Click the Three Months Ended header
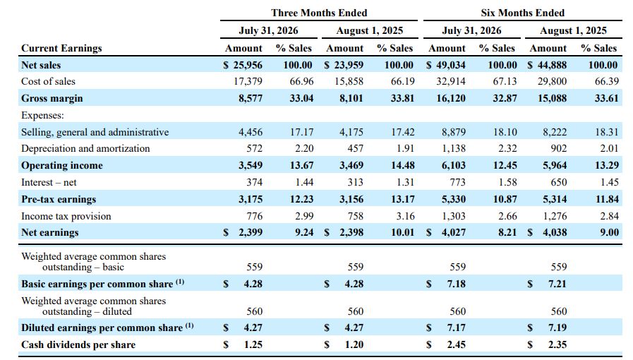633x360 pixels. [x=319, y=13]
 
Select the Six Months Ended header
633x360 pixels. [x=522, y=13]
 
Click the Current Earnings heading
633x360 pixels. [x=61, y=48]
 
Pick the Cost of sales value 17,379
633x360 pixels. [x=248, y=81]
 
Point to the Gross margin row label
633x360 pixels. [x=52, y=99]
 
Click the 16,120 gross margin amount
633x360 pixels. [x=451, y=99]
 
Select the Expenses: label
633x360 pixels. [x=42, y=116]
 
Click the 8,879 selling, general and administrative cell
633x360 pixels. [x=454, y=132]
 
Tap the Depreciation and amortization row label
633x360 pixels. [x=85, y=148]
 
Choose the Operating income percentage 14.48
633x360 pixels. [x=402, y=165]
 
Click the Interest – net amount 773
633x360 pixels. [x=458, y=182]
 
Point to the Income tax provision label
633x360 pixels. [x=66, y=216]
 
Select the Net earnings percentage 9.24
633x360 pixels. [x=304, y=232]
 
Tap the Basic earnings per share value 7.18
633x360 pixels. [x=456, y=284]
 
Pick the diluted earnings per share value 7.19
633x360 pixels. [x=557, y=328]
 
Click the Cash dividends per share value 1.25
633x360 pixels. [x=253, y=344]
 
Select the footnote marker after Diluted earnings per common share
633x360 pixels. [x=189, y=325]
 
